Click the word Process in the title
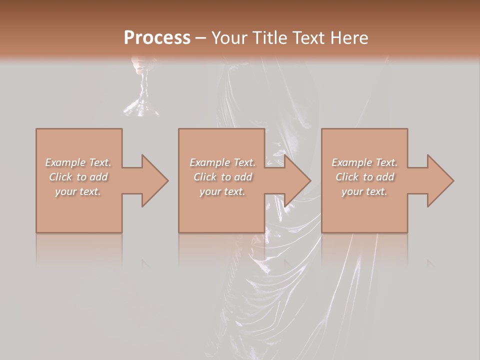(x=157, y=37)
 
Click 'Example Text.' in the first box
(x=78, y=162)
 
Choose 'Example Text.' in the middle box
(x=222, y=162)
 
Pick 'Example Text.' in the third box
(x=364, y=162)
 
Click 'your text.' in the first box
(x=78, y=191)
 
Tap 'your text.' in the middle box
(x=222, y=191)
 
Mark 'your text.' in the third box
(x=364, y=191)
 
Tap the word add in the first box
(x=98, y=177)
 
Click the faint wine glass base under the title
(x=141, y=106)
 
